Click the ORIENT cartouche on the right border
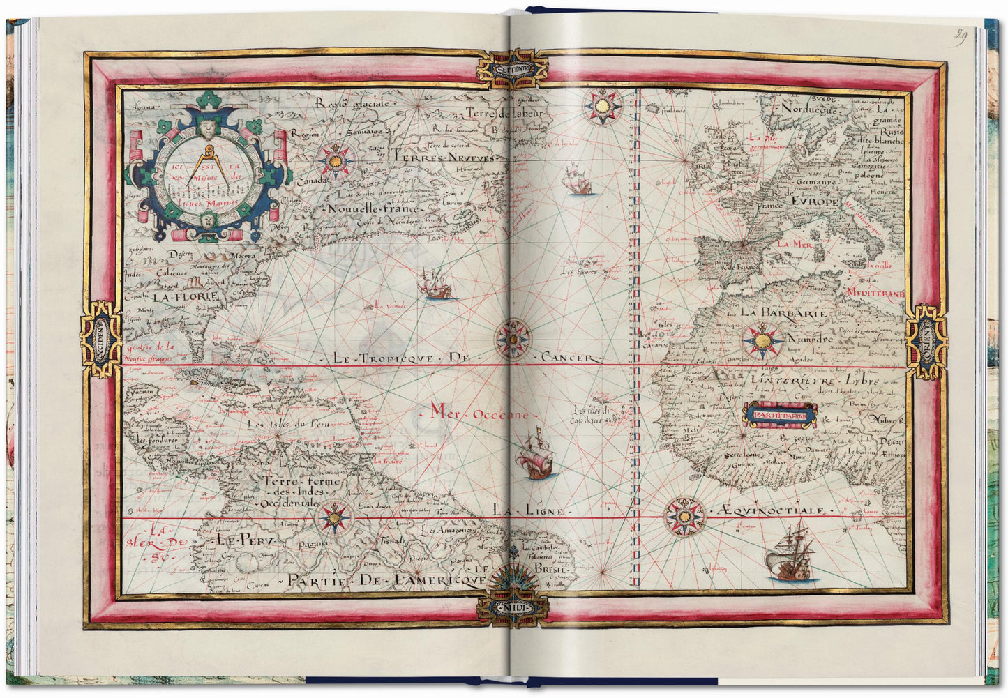pos(926,342)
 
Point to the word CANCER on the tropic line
pos(571,358)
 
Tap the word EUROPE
pos(814,201)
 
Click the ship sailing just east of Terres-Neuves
pos(578,180)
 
